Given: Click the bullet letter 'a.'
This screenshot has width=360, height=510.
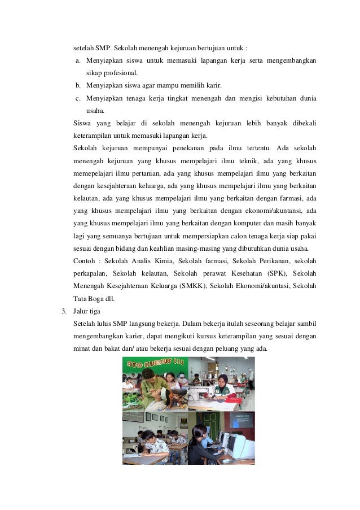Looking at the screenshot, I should click(78, 60).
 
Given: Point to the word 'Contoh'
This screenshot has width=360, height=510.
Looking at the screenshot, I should click(84, 261).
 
